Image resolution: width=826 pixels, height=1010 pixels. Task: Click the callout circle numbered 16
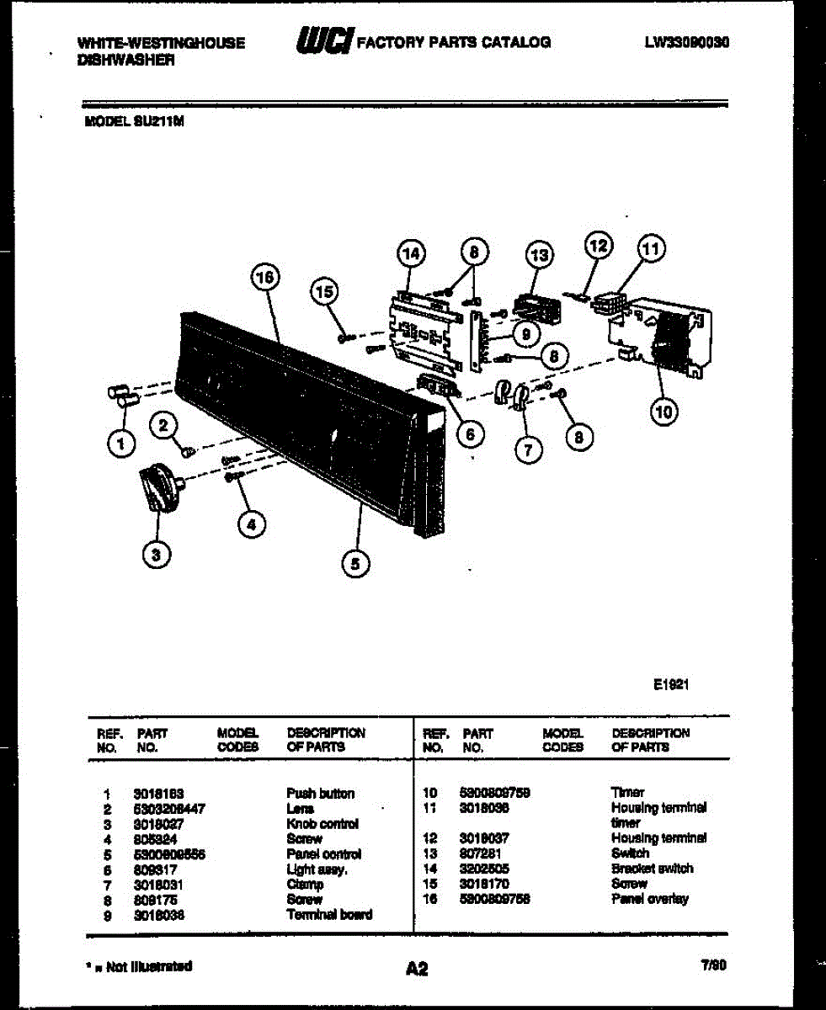(x=266, y=277)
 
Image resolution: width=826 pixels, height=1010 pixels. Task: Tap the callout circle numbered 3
(x=154, y=553)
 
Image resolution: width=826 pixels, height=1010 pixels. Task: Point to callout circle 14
(x=410, y=253)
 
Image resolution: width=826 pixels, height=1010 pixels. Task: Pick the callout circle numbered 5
(x=355, y=564)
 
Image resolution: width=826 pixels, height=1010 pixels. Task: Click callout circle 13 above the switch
(x=539, y=254)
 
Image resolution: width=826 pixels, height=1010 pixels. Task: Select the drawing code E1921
(x=672, y=685)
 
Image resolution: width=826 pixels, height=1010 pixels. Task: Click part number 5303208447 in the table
(x=169, y=808)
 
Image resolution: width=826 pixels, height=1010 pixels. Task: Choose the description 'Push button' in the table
(x=320, y=793)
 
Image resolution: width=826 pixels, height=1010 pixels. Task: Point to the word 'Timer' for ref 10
(x=627, y=792)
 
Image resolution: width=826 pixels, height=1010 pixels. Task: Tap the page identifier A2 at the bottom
(x=416, y=970)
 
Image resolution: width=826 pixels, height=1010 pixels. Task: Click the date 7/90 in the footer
(x=713, y=967)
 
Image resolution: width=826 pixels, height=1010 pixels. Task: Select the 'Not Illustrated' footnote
(x=142, y=965)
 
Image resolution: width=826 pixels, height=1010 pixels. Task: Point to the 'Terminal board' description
(x=329, y=914)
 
